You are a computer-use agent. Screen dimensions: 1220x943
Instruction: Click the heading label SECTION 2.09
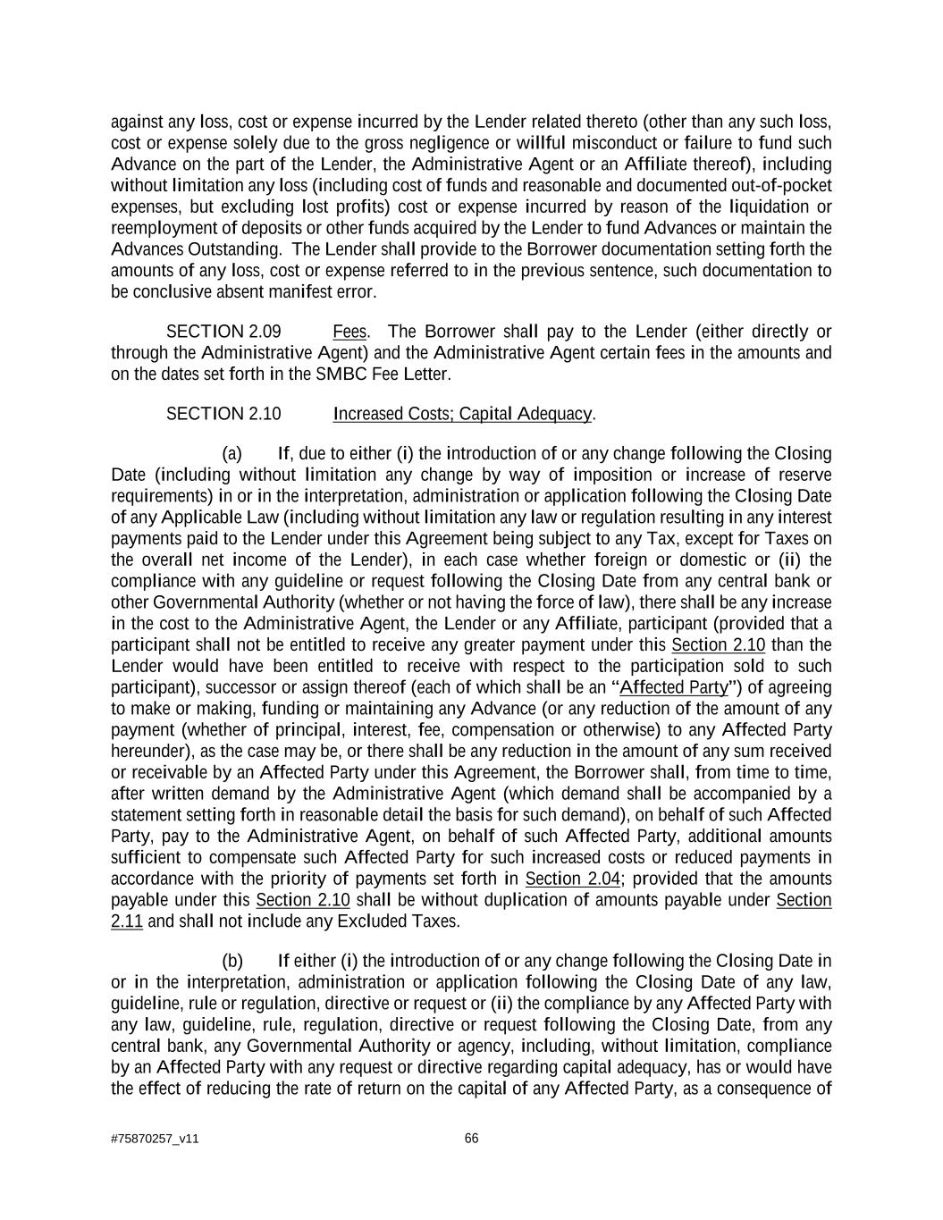pos(223,332)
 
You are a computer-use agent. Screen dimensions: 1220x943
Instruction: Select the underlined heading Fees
pos(349,332)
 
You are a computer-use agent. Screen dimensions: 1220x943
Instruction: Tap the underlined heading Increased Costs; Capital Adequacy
pos(462,414)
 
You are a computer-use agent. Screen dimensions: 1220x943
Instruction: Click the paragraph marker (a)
pos(232,454)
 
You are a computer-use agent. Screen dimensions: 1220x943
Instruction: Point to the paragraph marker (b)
pos(232,962)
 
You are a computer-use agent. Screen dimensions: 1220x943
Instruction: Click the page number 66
pos(472,1139)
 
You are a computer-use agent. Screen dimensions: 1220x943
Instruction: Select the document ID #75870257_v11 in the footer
pos(155,1140)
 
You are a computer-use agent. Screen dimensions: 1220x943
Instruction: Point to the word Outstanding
pos(220,249)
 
